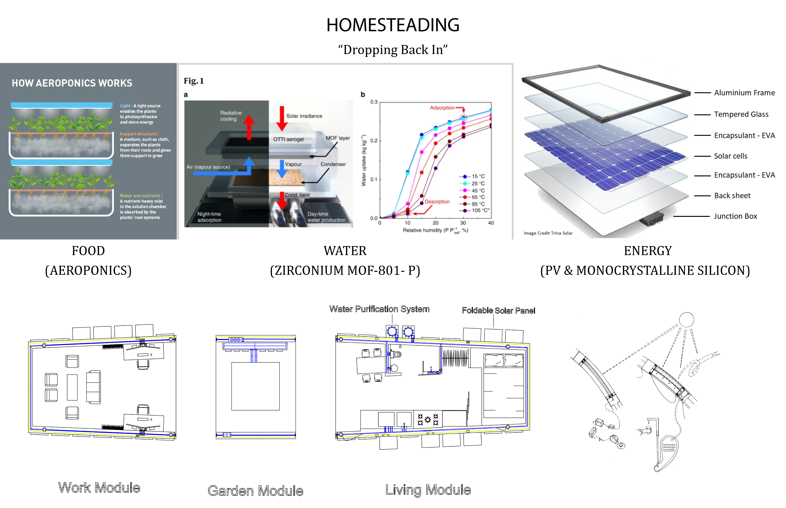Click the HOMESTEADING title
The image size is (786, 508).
pyautogui.click(x=393, y=25)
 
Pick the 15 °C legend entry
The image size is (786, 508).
pyautogui.click(x=478, y=177)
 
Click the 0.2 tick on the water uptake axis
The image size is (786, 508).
pyautogui.click(x=374, y=141)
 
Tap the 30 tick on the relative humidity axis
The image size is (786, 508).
pyautogui.click(x=463, y=223)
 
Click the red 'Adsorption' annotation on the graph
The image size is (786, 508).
pyautogui.click(x=442, y=108)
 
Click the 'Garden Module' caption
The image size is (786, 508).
pyautogui.click(x=255, y=491)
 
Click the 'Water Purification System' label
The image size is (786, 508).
pyautogui.click(x=379, y=309)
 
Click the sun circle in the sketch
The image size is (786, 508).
pyautogui.click(x=686, y=320)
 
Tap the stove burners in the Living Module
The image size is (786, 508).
pyautogui.click(x=428, y=420)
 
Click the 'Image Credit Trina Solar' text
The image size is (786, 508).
pyautogui.click(x=548, y=233)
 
